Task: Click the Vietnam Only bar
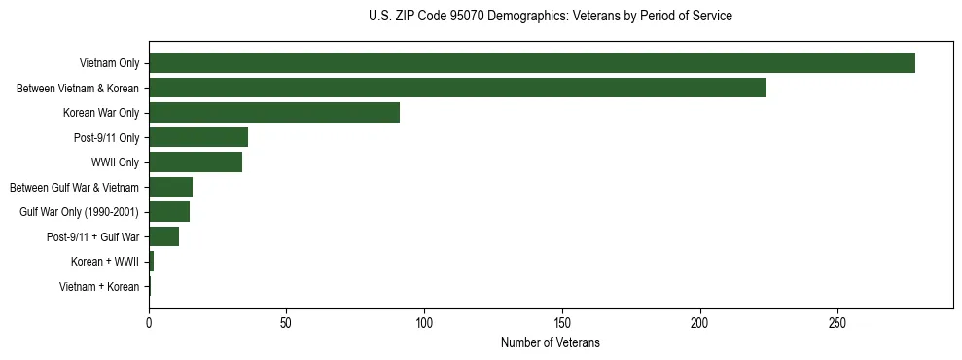[x=532, y=63]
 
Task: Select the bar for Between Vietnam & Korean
[x=457, y=88]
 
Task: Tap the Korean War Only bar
[x=274, y=113]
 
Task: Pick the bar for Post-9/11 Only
[x=198, y=137]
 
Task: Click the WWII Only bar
[x=196, y=162]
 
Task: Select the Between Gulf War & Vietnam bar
[x=171, y=187]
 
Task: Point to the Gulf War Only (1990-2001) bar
[x=169, y=212]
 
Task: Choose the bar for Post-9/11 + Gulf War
[x=164, y=236]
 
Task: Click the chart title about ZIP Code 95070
[x=551, y=17]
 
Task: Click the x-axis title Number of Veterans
[x=551, y=343]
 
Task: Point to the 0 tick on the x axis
[x=149, y=322]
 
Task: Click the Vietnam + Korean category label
[x=99, y=286]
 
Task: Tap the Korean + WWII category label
[x=105, y=262]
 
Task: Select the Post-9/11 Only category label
[x=107, y=137]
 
